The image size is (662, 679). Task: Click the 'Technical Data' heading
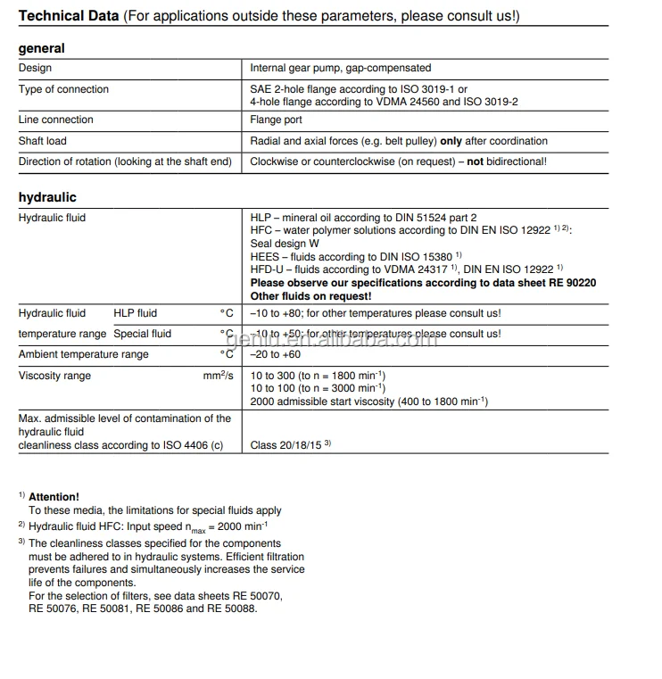point(68,16)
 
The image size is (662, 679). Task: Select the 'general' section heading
point(41,48)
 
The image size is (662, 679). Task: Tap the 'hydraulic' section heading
point(47,197)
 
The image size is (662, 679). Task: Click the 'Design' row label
point(35,68)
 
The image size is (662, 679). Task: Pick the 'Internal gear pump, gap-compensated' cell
point(340,68)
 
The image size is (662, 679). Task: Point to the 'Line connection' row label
point(55,120)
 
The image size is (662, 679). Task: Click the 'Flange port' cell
point(276,120)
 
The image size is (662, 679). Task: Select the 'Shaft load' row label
point(42,141)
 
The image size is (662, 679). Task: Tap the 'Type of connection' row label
point(63,89)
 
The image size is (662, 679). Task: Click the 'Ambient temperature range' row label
point(84,354)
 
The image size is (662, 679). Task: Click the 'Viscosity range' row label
point(54,376)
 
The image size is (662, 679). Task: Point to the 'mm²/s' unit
point(218,376)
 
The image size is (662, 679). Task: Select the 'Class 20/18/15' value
point(286,444)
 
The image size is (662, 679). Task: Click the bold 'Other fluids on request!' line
point(310,295)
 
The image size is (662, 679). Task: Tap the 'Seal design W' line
point(284,244)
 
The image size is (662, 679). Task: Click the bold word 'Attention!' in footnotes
point(54,497)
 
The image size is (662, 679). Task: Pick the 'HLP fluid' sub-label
point(135,313)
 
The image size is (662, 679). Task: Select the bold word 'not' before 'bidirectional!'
point(475,161)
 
